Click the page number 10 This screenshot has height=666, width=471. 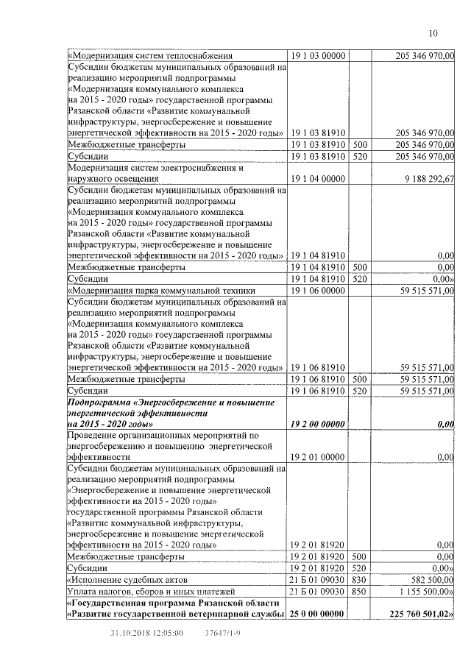(433, 33)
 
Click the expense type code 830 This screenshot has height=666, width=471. (360, 580)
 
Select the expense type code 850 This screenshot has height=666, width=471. (360, 591)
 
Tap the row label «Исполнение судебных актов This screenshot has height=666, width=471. (127, 580)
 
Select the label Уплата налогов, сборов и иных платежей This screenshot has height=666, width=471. (150, 591)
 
